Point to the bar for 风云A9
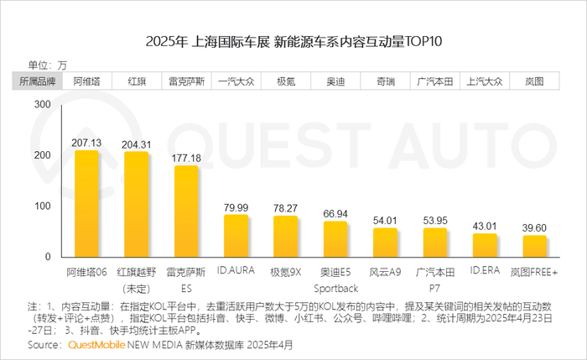385,242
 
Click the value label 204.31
137,144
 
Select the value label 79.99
236,207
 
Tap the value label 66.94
335,214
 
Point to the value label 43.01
485,226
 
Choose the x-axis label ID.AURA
236,272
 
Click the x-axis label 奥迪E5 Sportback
335,279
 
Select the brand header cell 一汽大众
236,81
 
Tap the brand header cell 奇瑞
385,81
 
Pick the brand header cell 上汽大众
485,81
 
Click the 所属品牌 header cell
38,81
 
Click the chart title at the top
293,42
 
